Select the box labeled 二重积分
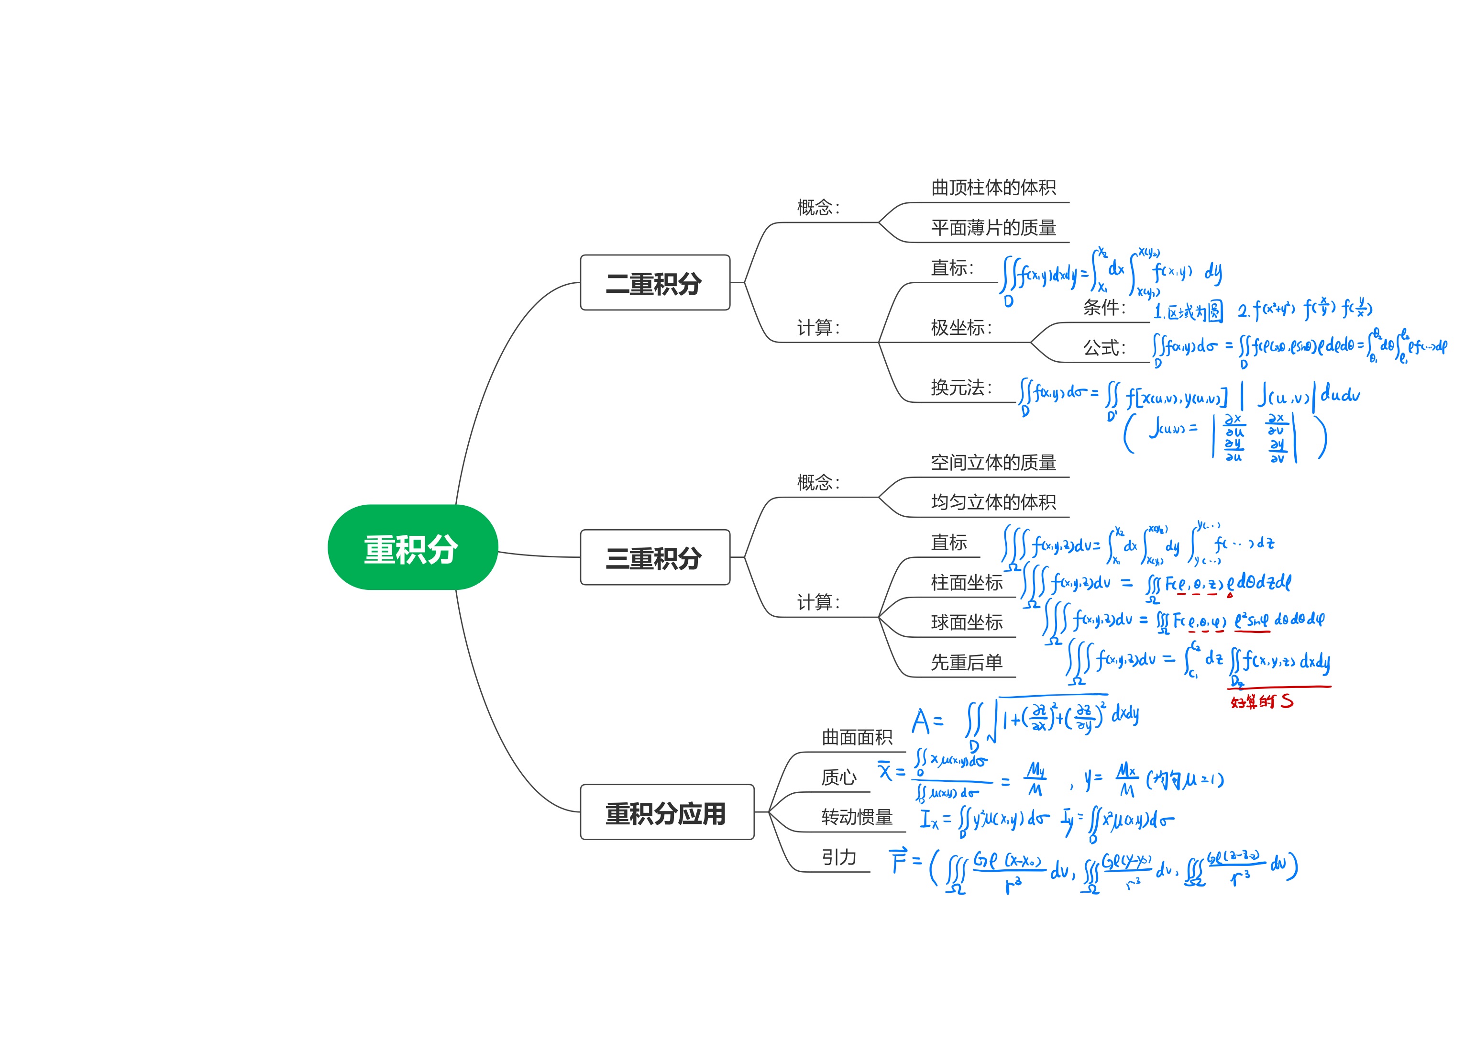(x=654, y=283)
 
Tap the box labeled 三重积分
(x=654, y=557)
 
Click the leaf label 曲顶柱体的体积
(x=993, y=188)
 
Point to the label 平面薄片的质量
(x=993, y=228)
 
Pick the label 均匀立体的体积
(x=993, y=502)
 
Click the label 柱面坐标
(x=966, y=583)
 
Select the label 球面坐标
(x=966, y=622)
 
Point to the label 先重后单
(x=966, y=662)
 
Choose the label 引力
(x=839, y=857)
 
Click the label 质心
(x=839, y=777)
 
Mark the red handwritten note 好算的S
(x=1261, y=701)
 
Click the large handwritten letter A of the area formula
(x=921, y=721)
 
